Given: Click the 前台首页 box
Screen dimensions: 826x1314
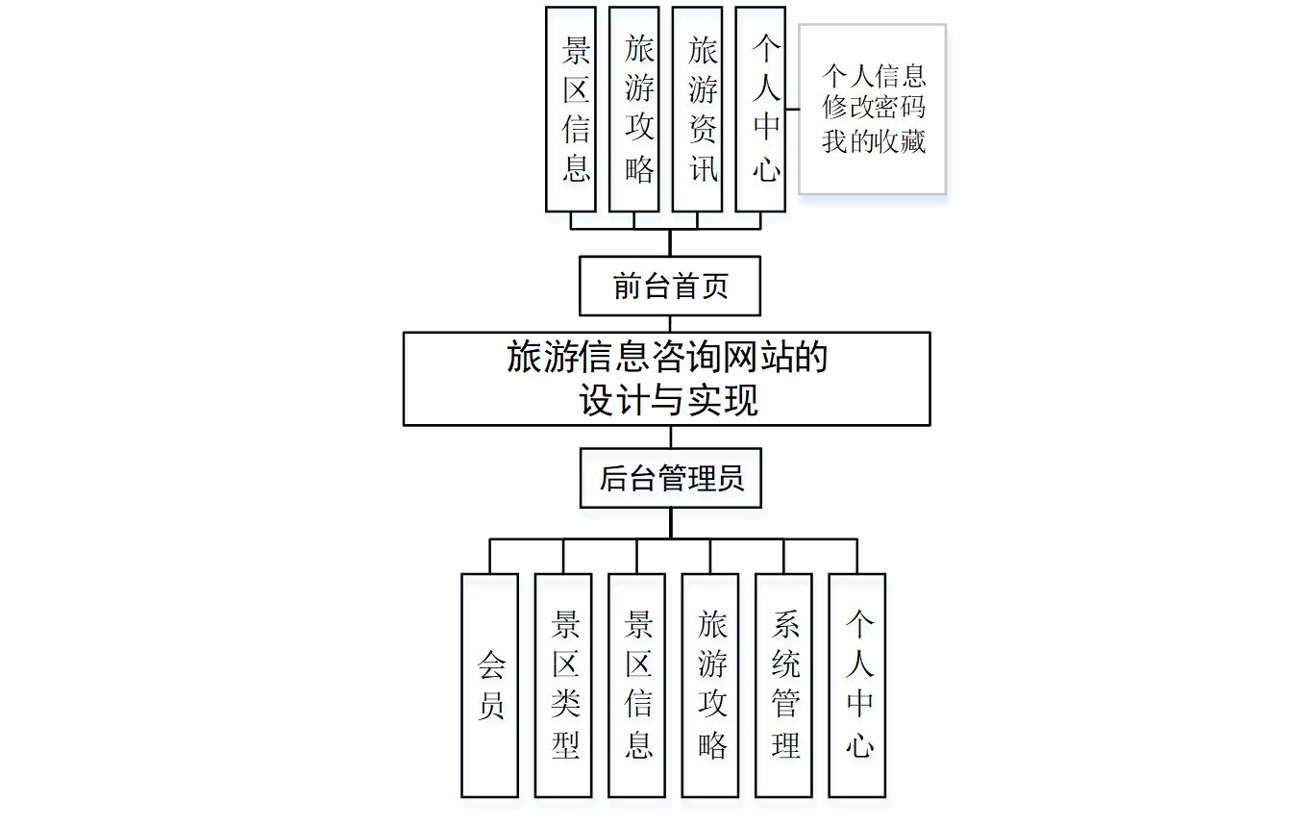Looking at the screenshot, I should point(670,286).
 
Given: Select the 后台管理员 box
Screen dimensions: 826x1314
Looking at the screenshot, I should point(670,478).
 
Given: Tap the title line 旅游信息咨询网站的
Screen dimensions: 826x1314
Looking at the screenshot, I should point(667,358).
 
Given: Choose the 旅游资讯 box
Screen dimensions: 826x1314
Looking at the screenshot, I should point(697,109).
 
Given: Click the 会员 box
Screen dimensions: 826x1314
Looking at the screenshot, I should point(489,685).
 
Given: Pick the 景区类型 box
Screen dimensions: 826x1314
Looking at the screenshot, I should point(563,685).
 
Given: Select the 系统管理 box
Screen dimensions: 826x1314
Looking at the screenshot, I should point(783,685).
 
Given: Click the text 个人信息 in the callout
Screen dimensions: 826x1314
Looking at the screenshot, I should point(873,76).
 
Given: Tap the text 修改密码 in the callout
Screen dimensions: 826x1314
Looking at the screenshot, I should point(873,108).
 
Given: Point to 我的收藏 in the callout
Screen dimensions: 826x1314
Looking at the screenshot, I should point(873,140).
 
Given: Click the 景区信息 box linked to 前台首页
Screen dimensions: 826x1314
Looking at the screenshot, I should point(571,109).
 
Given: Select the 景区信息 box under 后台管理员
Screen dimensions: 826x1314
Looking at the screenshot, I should point(636,685).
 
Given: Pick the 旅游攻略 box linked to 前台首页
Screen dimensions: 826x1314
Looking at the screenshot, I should point(634,109).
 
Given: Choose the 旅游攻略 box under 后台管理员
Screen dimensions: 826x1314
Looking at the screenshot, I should point(710,685).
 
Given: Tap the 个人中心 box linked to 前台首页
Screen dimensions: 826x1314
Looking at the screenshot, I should point(760,109).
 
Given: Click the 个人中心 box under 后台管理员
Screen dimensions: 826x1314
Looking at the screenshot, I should point(857,685).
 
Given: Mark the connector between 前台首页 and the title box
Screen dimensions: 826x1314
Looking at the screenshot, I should point(670,324).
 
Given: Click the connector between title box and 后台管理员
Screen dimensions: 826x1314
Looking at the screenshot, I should point(670,437).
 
